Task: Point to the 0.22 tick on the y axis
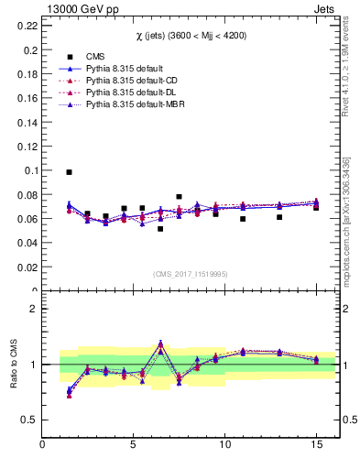[x=26, y=26]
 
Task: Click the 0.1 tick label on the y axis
[x=29, y=170]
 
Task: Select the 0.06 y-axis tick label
[x=26, y=219]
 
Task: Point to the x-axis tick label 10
[x=224, y=444]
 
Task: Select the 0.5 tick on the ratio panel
[x=29, y=420]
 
